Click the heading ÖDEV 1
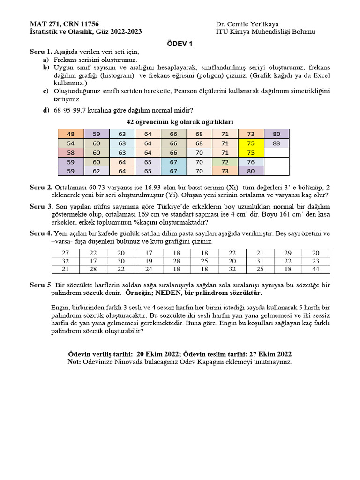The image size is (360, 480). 180,44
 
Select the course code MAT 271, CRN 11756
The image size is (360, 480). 64,24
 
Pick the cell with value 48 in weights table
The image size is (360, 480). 70,134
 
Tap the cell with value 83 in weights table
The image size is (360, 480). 277,143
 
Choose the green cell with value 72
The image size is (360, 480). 225,162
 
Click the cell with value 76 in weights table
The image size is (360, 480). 251,162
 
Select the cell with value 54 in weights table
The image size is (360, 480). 70,143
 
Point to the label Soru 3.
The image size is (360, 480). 41,207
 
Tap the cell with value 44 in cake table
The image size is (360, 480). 315,269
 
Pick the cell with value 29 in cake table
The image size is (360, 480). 288,253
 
